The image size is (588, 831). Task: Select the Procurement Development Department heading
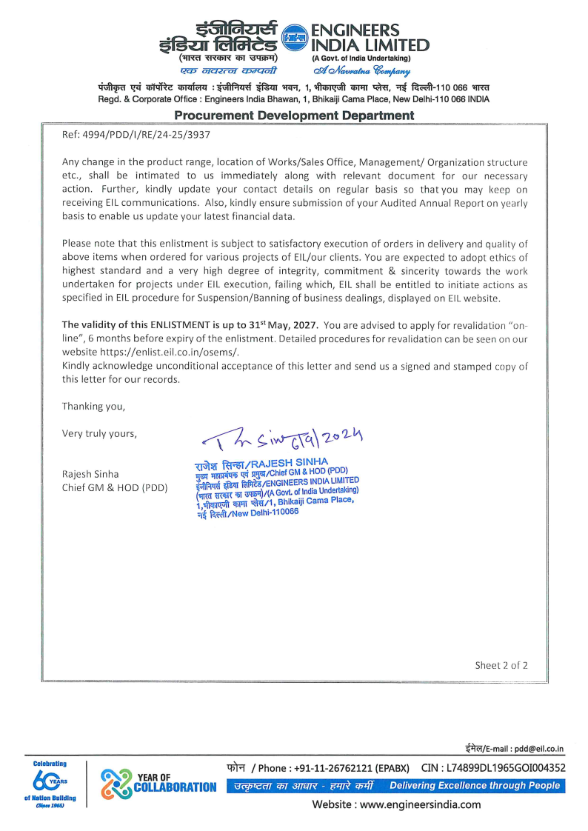pos(294,116)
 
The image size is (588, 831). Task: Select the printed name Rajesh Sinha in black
pos(90,473)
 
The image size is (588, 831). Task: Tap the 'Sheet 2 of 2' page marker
pos(501,665)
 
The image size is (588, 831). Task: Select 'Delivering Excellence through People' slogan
pos(475,786)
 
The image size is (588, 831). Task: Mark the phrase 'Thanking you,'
pos(93,406)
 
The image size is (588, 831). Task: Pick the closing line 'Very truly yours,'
pos(99,433)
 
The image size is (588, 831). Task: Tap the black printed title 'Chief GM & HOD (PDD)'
pos(115,487)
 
